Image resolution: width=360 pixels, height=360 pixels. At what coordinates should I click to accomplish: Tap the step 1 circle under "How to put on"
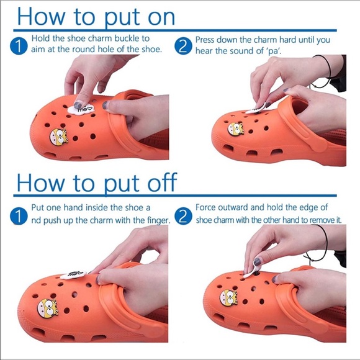(19, 46)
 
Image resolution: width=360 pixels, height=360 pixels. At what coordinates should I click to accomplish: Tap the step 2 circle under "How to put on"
(183, 46)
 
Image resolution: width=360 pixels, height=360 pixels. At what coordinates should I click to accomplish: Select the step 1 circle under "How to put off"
(19, 216)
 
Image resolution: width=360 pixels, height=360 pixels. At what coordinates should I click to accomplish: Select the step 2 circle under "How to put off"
(183, 216)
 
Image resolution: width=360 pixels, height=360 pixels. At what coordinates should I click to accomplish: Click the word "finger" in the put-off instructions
(158, 220)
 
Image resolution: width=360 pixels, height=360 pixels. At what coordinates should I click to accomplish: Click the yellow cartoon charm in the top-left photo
(59, 137)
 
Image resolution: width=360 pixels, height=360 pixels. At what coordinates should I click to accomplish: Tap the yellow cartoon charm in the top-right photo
(236, 129)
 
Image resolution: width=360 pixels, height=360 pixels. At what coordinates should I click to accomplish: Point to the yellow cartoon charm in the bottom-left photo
(48, 308)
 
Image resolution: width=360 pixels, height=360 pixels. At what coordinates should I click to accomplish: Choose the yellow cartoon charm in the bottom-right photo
(228, 298)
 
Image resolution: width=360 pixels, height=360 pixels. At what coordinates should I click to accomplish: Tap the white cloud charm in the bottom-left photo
(73, 274)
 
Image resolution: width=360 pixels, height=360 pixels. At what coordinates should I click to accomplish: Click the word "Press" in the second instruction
(205, 40)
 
